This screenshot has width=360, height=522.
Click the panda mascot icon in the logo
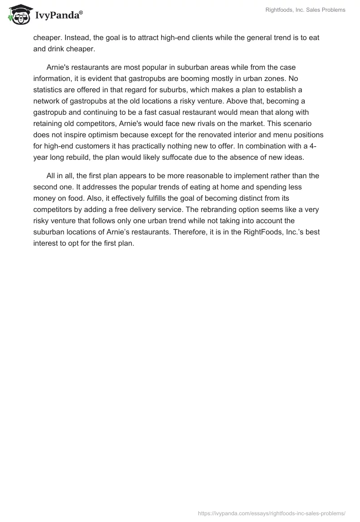click(18, 14)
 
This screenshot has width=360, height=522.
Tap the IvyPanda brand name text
click(58, 15)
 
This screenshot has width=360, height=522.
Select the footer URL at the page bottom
click(271, 513)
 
